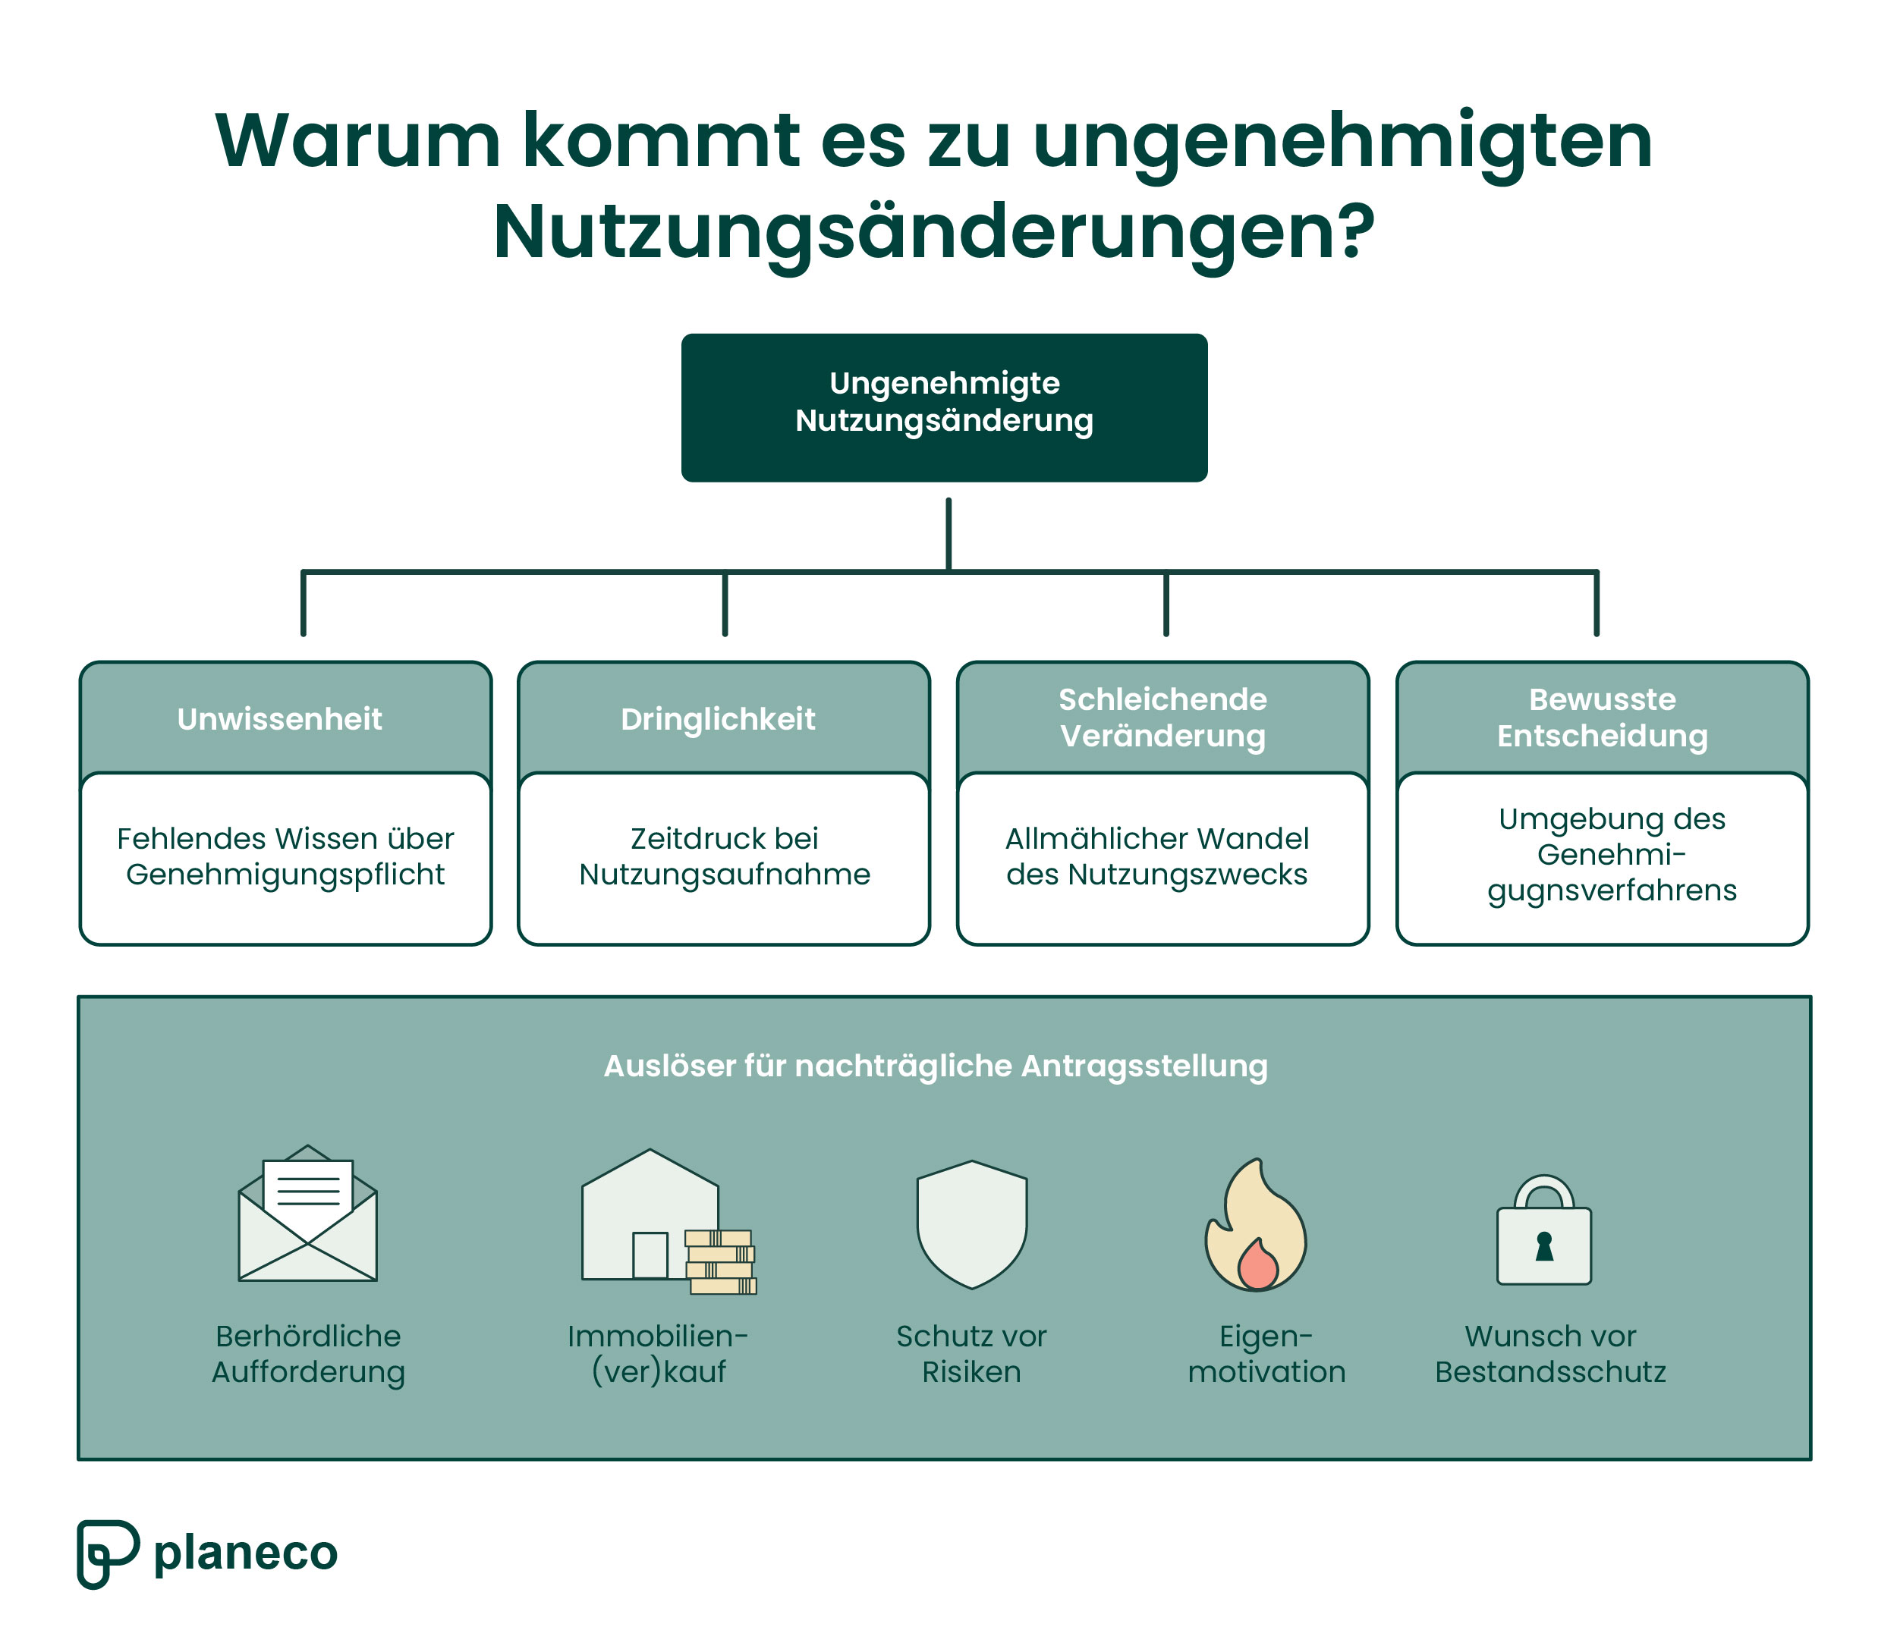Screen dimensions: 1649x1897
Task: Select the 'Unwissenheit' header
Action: [x=280, y=718]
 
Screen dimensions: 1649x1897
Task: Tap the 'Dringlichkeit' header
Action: [x=718, y=718]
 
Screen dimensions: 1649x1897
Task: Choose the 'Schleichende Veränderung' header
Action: [x=1162, y=718]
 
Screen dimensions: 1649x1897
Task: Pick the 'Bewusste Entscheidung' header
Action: [x=1602, y=718]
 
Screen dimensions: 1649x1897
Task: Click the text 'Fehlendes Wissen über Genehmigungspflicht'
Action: [x=285, y=856]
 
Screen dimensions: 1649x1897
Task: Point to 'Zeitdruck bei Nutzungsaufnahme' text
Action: [x=725, y=856]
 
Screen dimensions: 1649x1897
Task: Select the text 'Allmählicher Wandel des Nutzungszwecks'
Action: [x=1157, y=856]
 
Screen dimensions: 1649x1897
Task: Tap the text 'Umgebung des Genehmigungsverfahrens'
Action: [x=1612, y=854]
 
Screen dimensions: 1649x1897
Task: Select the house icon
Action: [x=644, y=1214]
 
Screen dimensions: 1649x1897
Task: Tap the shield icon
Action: [x=971, y=1224]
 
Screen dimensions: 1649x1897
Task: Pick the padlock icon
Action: [x=1543, y=1233]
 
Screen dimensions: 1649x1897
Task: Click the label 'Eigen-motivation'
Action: [x=1266, y=1354]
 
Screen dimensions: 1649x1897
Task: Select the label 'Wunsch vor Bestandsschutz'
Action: [x=1550, y=1354]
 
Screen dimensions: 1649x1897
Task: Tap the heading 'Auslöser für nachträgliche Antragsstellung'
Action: [x=935, y=1066]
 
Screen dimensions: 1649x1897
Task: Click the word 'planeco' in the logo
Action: [x=246, y=1553]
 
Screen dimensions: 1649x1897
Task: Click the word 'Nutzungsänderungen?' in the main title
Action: [x=933, y=232]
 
